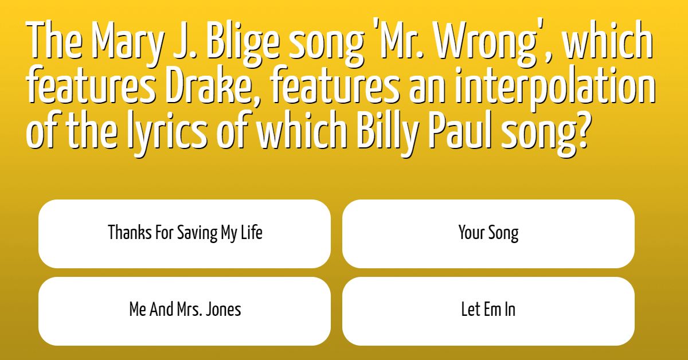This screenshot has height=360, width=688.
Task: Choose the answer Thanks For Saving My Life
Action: point(185,234)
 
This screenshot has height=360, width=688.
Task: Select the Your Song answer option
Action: point(488,234)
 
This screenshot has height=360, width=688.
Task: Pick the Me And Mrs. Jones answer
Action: point(185,311)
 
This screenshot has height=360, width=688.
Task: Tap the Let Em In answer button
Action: point(488,311)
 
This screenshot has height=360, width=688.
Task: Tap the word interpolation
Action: point(555,88)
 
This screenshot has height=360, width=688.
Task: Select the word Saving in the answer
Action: point(197,233)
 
